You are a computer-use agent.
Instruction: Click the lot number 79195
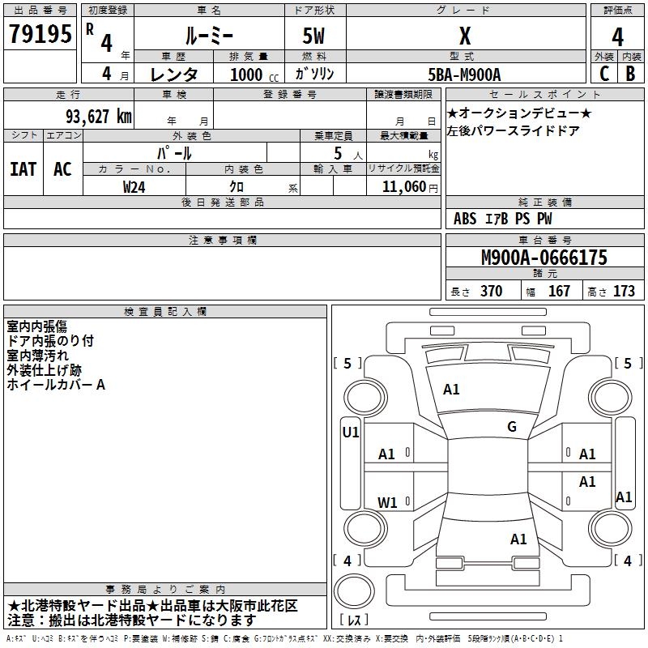click(40, 34)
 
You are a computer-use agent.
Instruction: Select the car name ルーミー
click(209, 36)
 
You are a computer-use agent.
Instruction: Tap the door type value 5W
click(313, 36)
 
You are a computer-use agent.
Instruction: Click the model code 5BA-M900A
click(464, 75)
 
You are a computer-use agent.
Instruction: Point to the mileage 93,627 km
click(99, 117)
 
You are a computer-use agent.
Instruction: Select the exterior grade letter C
click(604, 74)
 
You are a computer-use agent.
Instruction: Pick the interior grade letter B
click(630, 74)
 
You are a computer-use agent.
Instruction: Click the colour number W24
click(134, 187)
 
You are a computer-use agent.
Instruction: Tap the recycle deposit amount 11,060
click(403, 187)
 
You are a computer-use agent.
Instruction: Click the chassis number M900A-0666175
click(544, 258)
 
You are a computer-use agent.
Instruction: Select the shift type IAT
click(23, 169)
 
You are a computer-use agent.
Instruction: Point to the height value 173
click(624, 291)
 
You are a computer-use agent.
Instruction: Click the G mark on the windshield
click(512, 427)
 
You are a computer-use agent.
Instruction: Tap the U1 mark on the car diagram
click(351, 433)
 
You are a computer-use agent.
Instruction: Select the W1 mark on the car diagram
click(387, 502)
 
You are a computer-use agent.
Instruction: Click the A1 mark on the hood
click(451, 390)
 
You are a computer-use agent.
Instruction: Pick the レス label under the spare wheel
click(354, 620)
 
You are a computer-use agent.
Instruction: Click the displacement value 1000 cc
click(254, 75)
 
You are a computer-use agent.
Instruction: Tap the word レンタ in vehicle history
click(174, 75)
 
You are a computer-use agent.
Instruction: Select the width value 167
click(559, 291)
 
